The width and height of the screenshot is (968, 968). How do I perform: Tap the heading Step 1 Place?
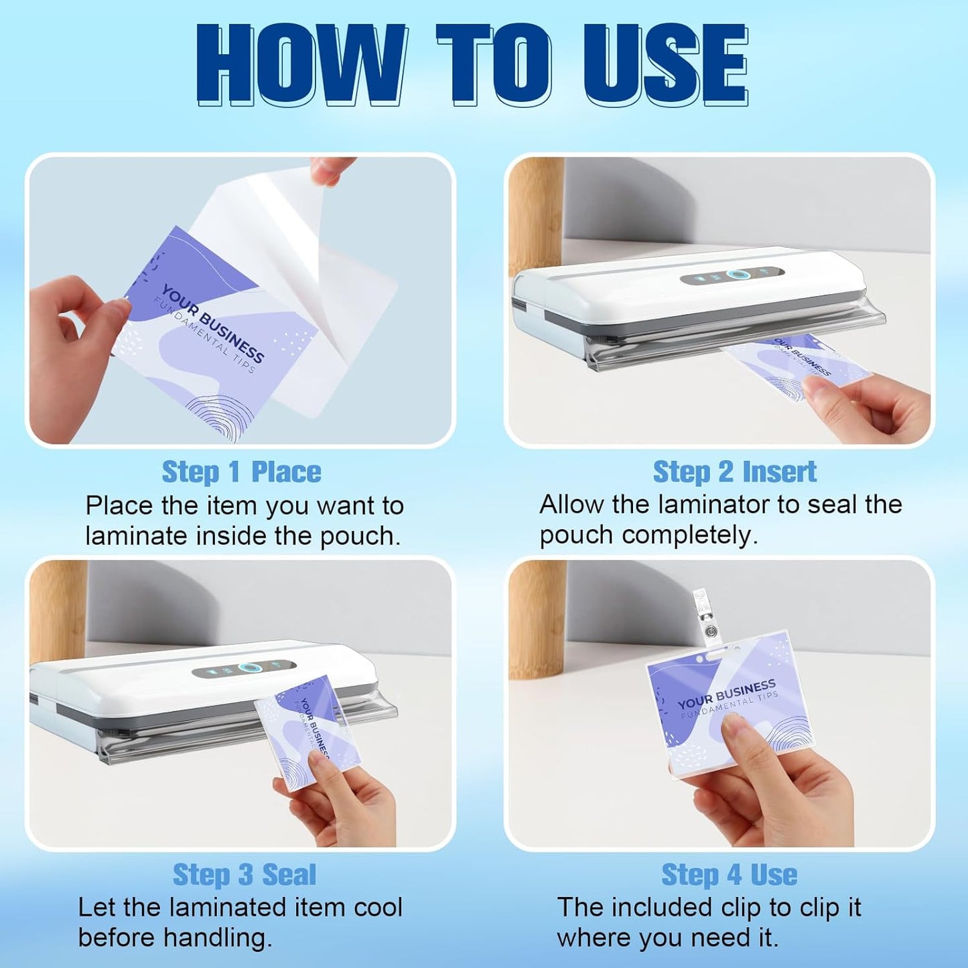(241, 472)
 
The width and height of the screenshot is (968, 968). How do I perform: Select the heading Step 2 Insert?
(734, 472)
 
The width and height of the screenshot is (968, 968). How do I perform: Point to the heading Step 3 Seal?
(244, 874)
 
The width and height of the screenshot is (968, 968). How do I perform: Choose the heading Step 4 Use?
(729, 874)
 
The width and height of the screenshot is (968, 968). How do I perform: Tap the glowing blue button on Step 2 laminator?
(736, 275)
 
